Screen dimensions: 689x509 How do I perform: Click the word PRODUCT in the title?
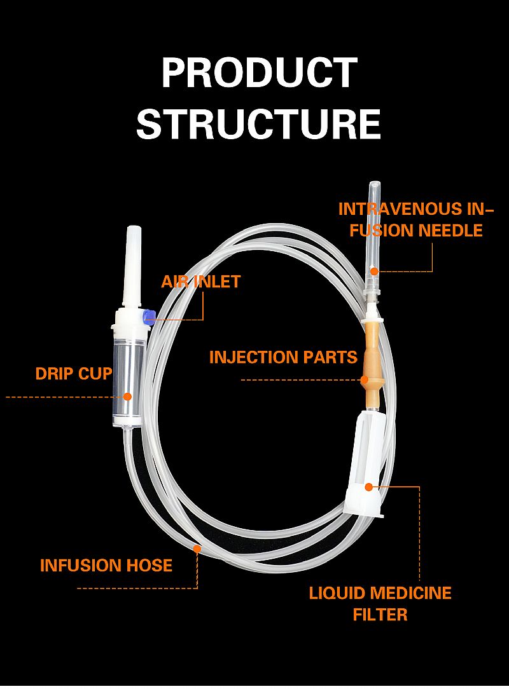coord(259,73)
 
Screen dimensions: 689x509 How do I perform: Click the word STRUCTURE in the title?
coord(258,124)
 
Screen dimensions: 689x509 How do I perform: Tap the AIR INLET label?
coord(201,282)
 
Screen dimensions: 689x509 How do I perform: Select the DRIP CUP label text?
coord(74,374)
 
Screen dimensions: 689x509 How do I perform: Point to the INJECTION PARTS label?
coord(283,357)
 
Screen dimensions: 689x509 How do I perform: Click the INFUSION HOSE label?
coord(106,565)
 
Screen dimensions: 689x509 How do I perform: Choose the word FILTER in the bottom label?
coord(380,615)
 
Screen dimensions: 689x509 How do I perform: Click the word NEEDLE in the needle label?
coord(450,230)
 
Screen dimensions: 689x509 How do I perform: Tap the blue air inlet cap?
coord(150,316)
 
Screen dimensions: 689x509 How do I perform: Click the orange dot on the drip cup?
coord(127,397)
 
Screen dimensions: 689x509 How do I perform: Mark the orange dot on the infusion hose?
coord(197,548)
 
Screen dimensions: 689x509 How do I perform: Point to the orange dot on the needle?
coord(374,271)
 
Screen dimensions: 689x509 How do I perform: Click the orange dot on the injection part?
coord(365,380)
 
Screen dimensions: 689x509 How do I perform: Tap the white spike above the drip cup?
coord(133,267)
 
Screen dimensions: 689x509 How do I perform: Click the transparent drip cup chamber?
coord(127,375)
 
